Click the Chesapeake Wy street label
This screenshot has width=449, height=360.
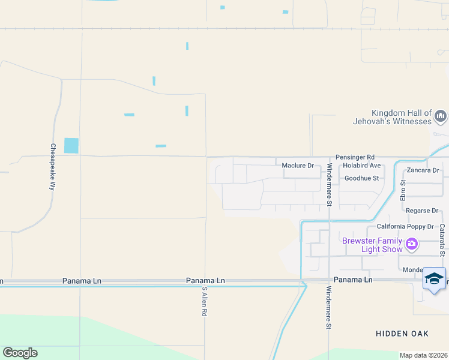53,167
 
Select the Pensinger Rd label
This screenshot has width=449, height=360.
355,156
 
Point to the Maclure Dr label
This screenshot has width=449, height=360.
298,165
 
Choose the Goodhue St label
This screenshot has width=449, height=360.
361,178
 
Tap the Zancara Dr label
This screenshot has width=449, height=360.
423,170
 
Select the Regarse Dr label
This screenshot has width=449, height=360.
422,211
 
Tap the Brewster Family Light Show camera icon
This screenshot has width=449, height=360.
412,244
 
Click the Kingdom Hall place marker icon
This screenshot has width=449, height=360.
441,116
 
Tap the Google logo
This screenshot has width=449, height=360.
20,353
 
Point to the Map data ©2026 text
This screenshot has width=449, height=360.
424,355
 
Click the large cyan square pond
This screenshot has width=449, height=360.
71,145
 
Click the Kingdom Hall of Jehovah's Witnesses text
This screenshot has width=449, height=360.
401,117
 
